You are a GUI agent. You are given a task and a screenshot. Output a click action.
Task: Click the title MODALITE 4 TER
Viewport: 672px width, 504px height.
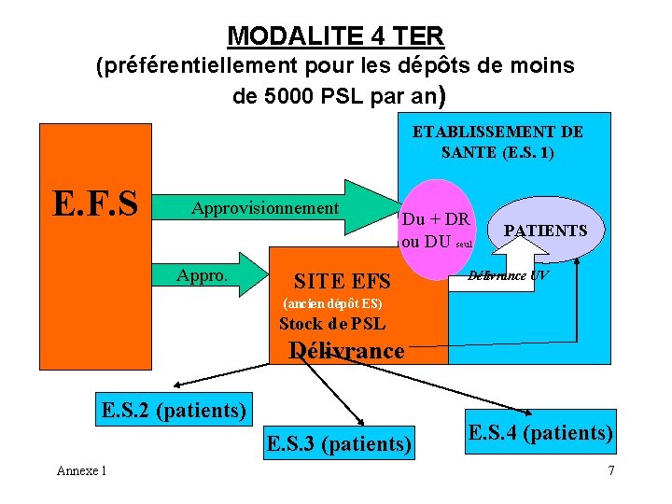tap(336, 35)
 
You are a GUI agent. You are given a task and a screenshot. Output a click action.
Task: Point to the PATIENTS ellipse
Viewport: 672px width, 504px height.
tap(545, 230)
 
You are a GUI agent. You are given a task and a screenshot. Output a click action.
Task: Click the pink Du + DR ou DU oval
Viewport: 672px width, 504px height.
tap(436, 230)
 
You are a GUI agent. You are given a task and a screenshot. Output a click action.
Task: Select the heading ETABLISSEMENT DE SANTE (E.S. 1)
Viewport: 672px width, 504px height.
tap(497, 142)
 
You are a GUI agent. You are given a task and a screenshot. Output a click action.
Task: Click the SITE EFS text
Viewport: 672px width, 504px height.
tap(342, 280)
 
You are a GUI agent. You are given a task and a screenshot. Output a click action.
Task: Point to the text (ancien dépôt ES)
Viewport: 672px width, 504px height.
tap(331, 304)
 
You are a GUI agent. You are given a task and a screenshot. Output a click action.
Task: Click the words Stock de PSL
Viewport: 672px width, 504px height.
tap(332, 325)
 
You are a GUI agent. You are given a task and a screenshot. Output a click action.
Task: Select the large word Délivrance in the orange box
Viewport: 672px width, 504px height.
tap(346, 351)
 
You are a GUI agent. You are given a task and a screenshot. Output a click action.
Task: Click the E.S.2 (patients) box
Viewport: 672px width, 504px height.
tap(175, 408)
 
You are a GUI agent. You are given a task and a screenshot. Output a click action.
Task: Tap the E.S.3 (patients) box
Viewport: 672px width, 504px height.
tap(339, 443)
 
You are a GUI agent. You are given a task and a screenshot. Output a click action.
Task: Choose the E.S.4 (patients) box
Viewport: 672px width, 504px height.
tap(540, 432)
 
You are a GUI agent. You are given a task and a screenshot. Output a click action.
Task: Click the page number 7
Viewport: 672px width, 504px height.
tap(610, 470)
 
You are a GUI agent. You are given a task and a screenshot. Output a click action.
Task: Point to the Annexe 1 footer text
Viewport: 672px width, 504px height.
tap(81, 470)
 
